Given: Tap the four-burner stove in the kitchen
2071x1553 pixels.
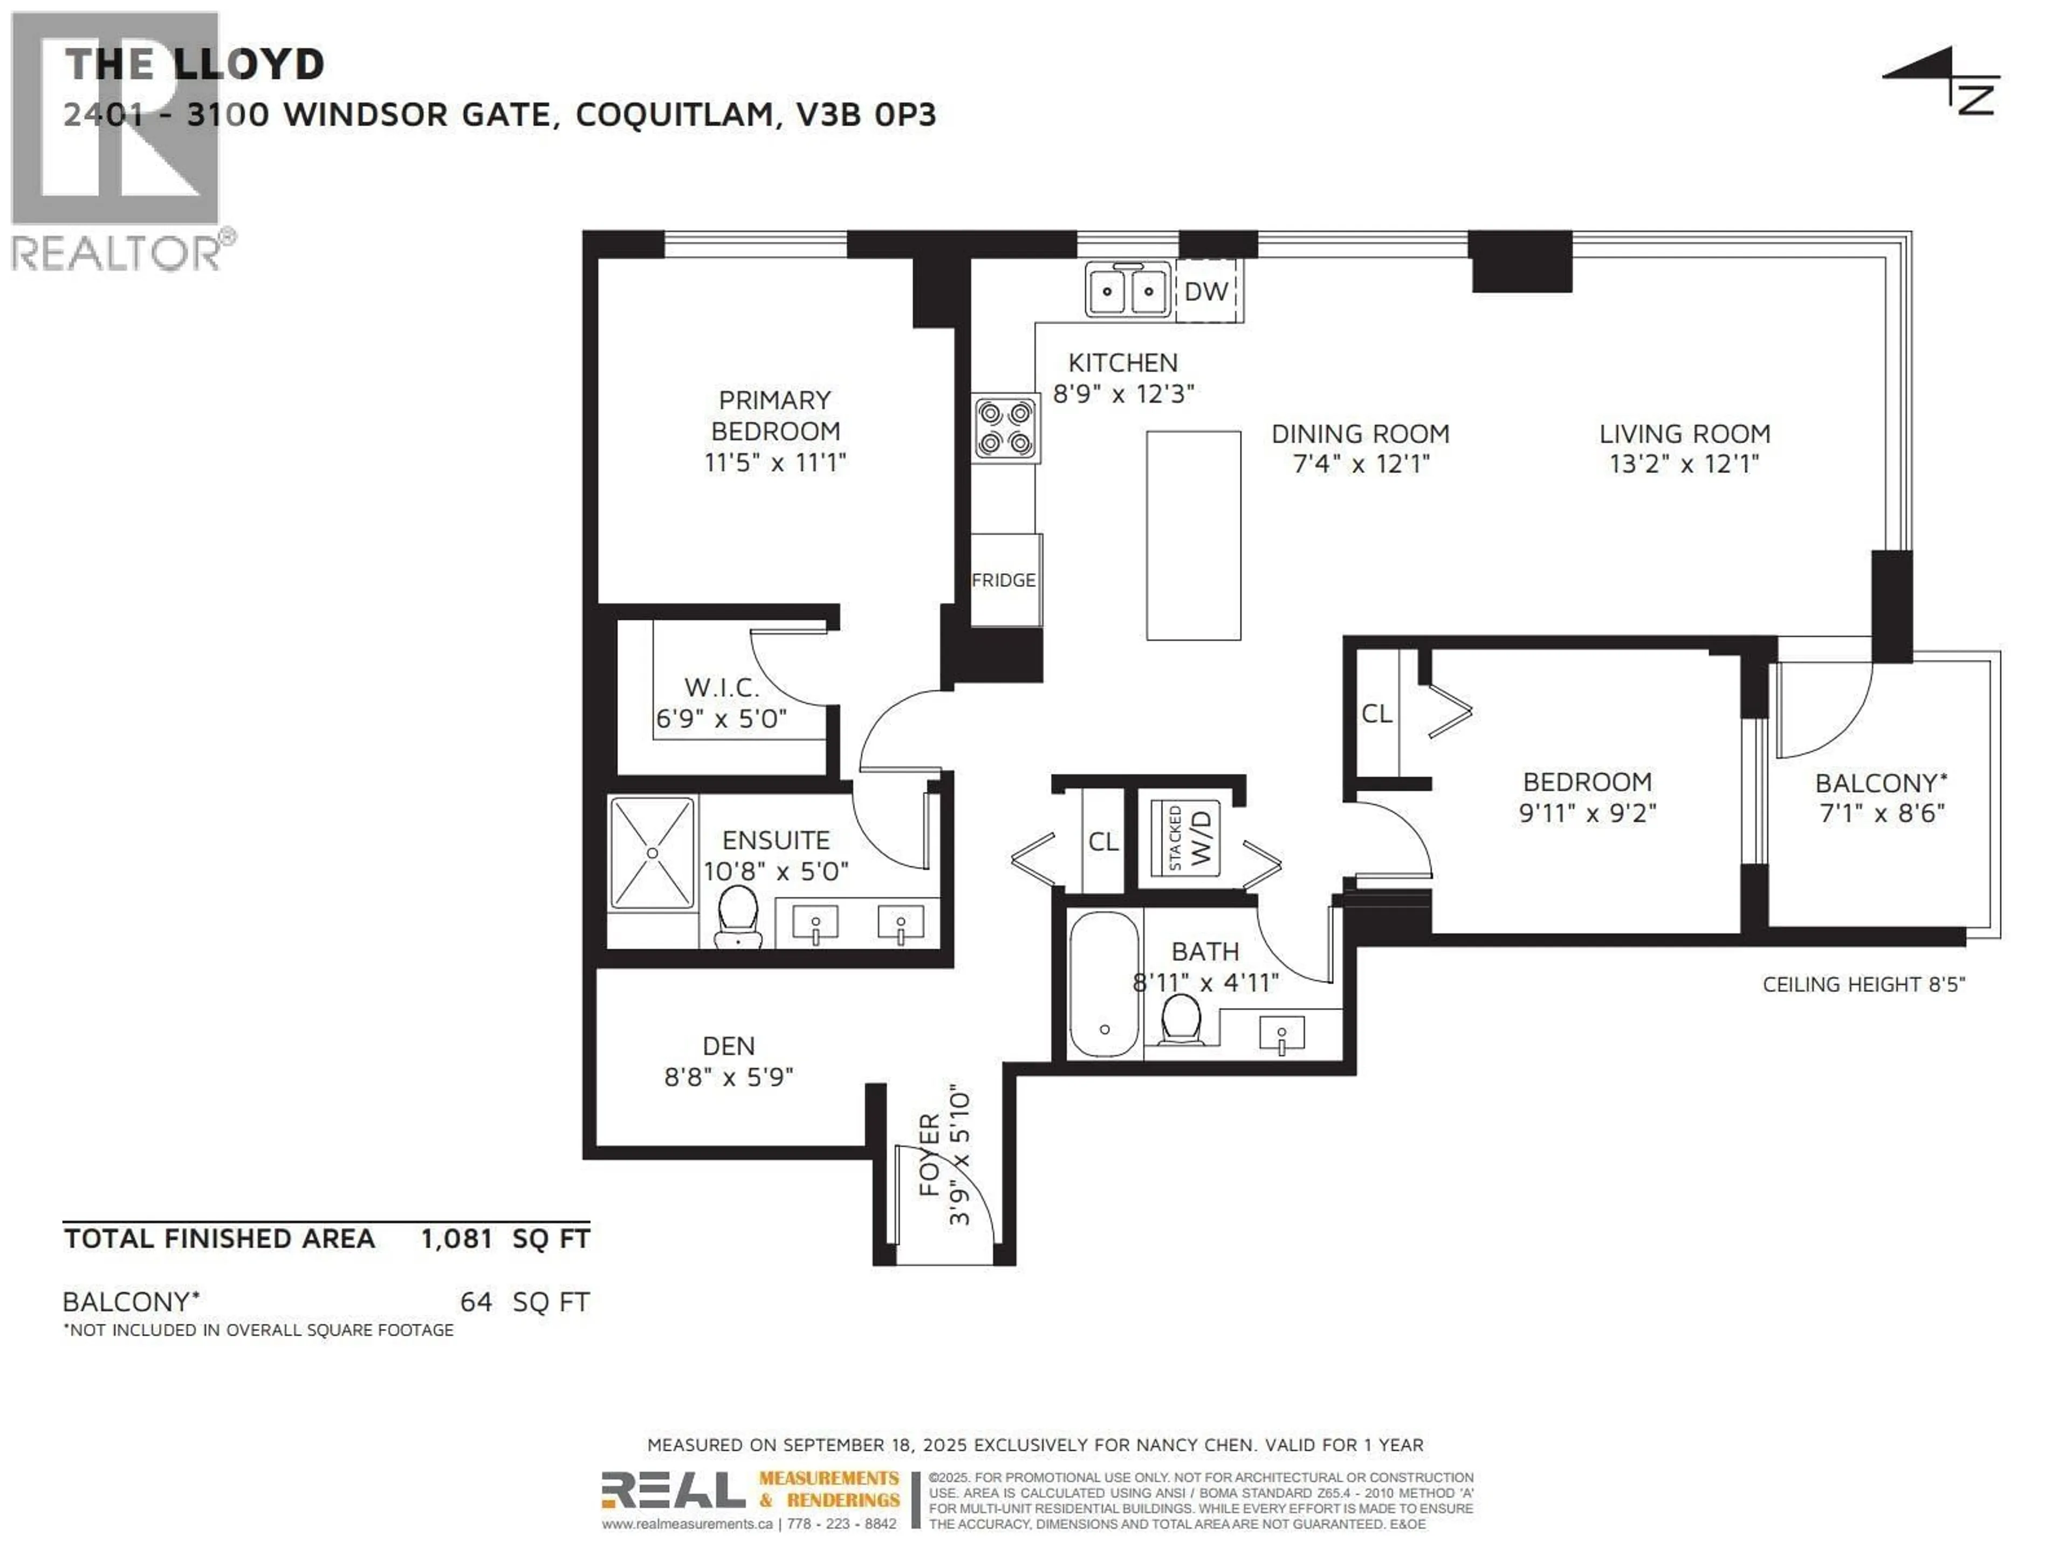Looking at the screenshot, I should [1005, 428].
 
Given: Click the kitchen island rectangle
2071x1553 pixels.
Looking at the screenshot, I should [1194, 535].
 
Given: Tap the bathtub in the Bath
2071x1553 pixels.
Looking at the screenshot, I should [1105, 984].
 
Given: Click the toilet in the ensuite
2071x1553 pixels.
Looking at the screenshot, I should [738, 917].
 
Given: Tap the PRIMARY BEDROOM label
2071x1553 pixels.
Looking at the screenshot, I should [775, 416].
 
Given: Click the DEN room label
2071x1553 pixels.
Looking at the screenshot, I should [729, 1046].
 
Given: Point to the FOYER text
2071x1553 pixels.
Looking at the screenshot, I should [930, 1155].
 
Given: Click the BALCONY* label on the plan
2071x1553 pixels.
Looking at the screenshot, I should [1881, 782].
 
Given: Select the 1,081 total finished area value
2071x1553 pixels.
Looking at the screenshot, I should [457, 1239].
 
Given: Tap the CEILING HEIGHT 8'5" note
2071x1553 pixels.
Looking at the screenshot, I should [1863, 985].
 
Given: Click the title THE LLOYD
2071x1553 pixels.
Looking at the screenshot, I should [195, 65].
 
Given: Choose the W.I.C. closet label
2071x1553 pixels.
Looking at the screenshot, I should [721, 687].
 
